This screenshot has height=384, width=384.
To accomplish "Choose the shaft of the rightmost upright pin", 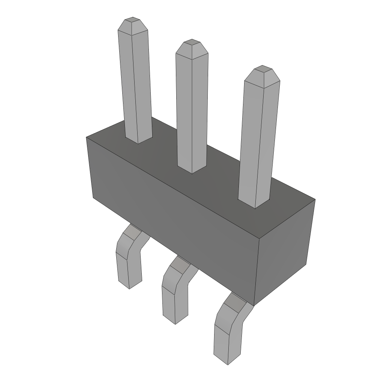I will pos(259,139).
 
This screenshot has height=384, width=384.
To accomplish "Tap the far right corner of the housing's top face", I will pos(315,199).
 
